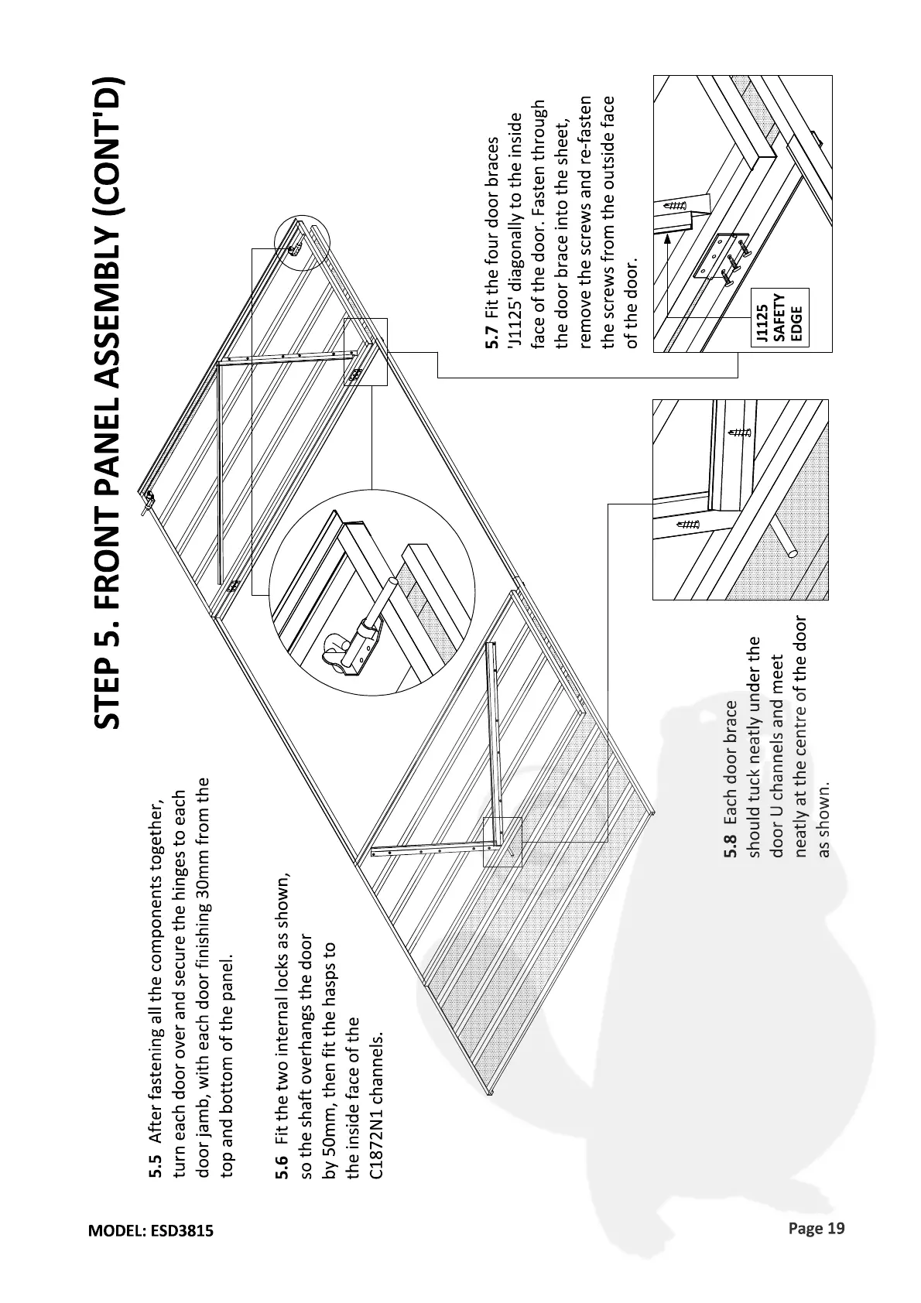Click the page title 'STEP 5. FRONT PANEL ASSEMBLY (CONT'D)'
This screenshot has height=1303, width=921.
pyautogui.click(x=108, y=402)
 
